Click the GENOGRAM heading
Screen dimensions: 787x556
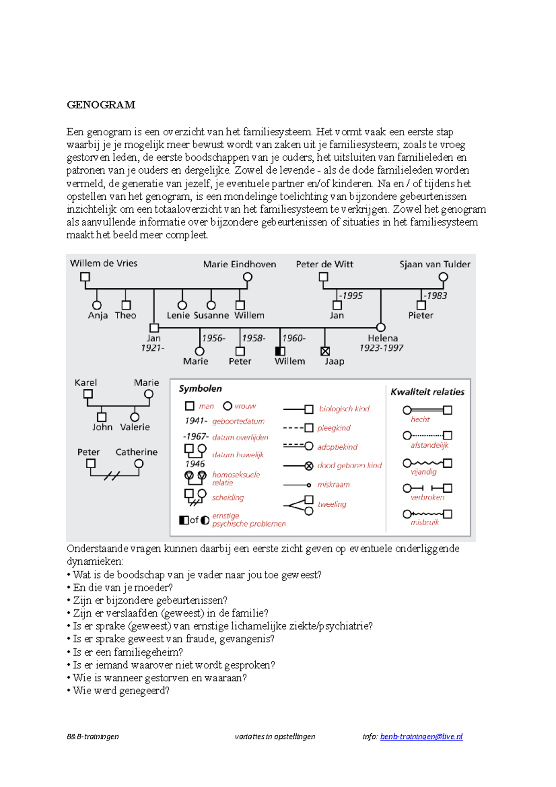tap(101, 105)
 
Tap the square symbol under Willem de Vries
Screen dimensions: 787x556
tap(85, 277)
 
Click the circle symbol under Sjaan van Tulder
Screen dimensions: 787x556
tap(443, 277)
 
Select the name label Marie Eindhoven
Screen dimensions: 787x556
tap(240, 264)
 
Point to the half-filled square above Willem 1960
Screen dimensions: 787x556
tap(280, 351)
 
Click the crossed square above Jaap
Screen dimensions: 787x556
tap(325, 351)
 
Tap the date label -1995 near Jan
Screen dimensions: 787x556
tap(351, 296)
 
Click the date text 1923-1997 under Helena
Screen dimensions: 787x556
tap(381, 348)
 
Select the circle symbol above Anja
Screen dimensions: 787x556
tap(97, 305)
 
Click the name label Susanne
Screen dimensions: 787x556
tap(211, 316)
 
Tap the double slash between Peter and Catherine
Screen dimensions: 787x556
tap(112, 476)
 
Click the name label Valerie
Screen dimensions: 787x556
tap(135, 427)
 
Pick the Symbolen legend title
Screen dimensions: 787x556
tap(200, 389)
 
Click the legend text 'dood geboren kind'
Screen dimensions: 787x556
tap(349, 465)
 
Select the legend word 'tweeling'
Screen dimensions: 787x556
tap(332, 504)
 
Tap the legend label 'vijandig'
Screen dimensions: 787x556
tap(423, 472)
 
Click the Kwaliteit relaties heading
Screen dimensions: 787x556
tap(427, 392)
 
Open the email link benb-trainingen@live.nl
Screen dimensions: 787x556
tap(421, 736)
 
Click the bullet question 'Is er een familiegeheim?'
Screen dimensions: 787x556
tap(127, 652)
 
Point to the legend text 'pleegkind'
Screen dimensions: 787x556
tap(334, 428)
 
